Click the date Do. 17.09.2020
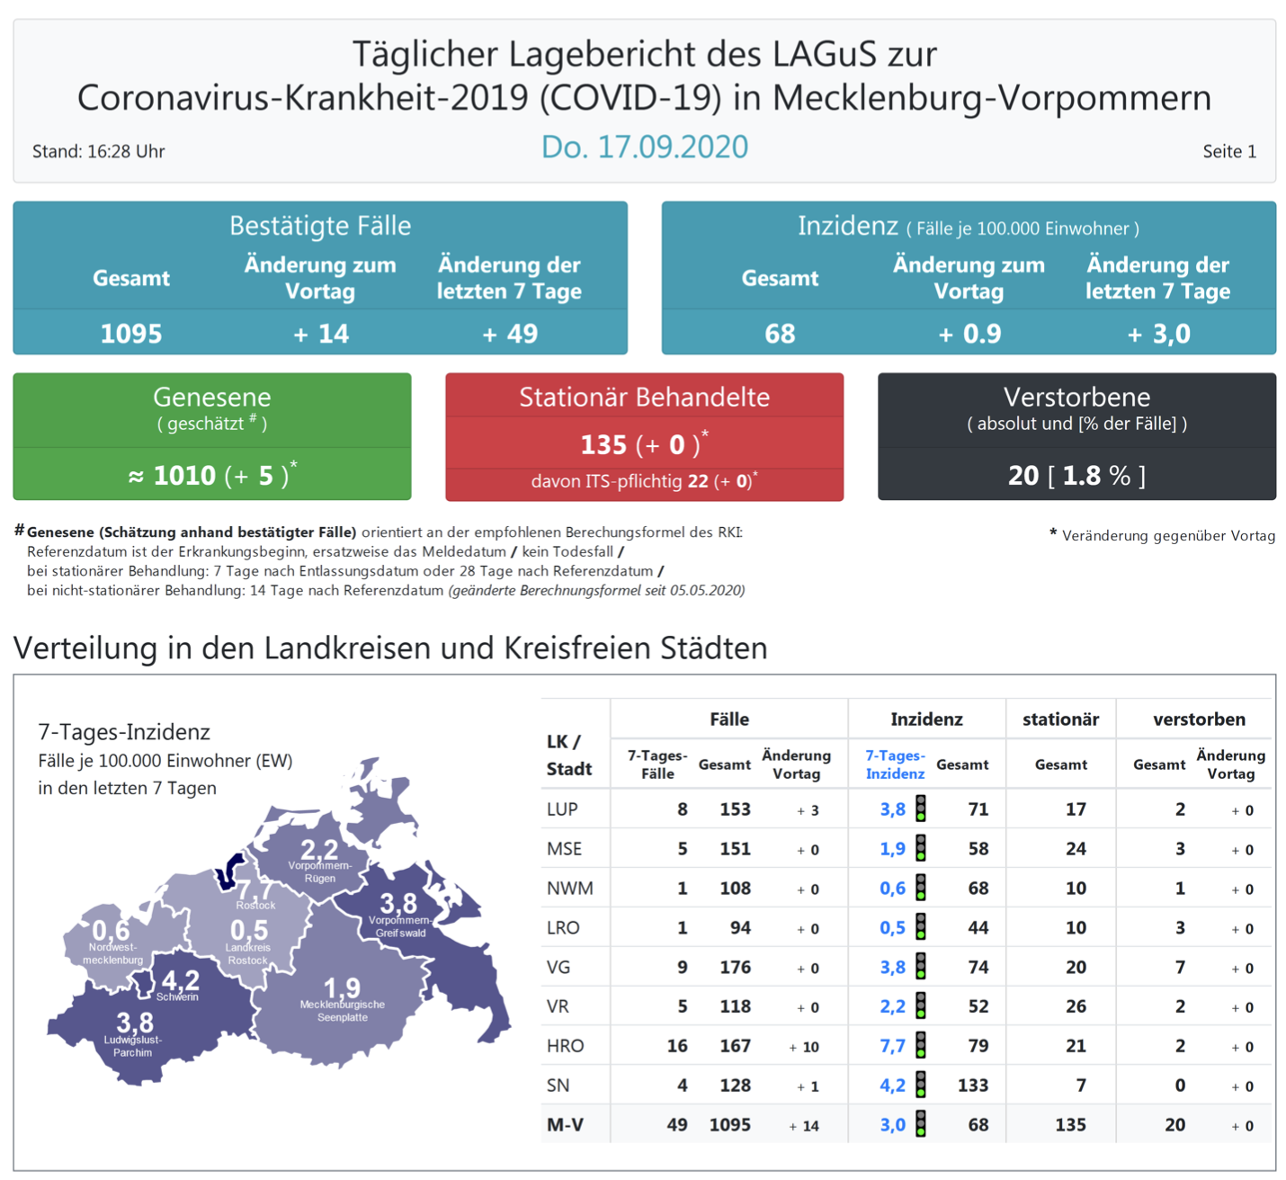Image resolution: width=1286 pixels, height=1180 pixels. pyautogui.click(x=644, y=147)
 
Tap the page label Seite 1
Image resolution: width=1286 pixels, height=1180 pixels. pyautogui.click(x=1228, y=151)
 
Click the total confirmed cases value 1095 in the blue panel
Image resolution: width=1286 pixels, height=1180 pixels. pyautogui.click(x=131, y=334)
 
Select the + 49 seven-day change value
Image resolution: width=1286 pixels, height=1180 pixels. pyautogui.click(x=510, y=334)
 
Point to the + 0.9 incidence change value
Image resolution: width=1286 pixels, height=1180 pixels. pyautogui.click(x=969, y=334)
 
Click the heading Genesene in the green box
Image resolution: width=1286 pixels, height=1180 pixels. pyautogui.click(x=212, y=397)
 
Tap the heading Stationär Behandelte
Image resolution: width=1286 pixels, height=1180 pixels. pyautogui.click(x=644, y=397)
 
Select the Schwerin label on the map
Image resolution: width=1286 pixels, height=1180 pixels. pyautogui.click(x=177, y=997)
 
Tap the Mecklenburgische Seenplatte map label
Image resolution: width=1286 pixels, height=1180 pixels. pyautogui.click(x=343, y=1011)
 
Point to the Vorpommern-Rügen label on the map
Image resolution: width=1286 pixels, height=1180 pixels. pyautogui.click(x=319, y=872)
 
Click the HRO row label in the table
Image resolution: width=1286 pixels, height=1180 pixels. pyautogui.click(x=565, y=1046)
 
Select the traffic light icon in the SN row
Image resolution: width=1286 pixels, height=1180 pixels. pyautogui.click(x=921, y=1085)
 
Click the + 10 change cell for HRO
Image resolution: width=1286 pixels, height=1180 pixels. pyautogui.click(x=804, y=1047)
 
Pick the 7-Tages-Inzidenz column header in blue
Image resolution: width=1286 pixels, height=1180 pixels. pyautogui.click(x=895, y=764)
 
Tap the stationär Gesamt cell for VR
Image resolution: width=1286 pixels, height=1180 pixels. pyautogui.click(x=1076, y=1006)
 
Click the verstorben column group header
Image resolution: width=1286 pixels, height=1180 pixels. pyautogui.click(x=1199, y=719)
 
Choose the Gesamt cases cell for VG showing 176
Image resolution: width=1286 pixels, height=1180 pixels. pyautogui.click(x=735, y=967)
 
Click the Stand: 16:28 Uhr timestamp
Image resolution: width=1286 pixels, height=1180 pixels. pyautogui.click(x=99, y=151)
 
